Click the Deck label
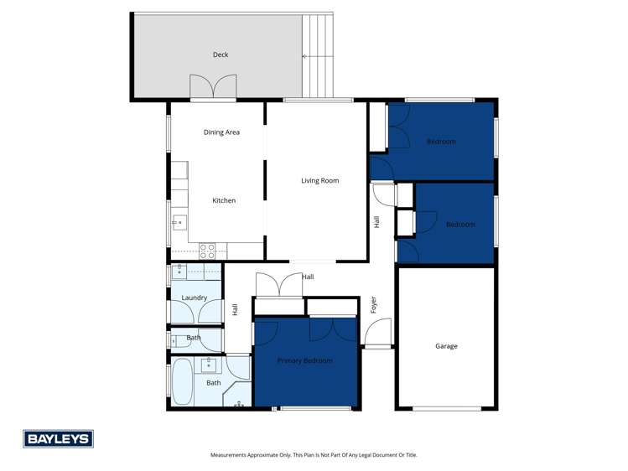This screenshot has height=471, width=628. (221, 55)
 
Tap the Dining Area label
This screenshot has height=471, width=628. (221, 132)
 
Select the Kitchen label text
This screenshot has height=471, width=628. (224, 201)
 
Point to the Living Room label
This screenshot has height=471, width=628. (320, 180)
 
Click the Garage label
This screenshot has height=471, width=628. (446, 346)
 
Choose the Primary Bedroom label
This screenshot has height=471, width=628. (305, 360)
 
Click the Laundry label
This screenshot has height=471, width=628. (194, 298)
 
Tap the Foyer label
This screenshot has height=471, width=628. (374, 304)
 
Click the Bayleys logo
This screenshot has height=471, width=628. (58, 438)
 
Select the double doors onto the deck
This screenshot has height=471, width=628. (213, 88)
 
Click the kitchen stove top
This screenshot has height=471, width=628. (207, 250)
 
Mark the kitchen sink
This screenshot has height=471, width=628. (179, 223)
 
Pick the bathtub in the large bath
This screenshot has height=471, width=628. (182, 382)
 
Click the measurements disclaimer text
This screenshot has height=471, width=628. (314, 455)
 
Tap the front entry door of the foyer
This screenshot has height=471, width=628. (378, 335)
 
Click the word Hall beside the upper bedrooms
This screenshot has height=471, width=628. (377, 222)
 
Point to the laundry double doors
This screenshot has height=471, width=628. (195, 313)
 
